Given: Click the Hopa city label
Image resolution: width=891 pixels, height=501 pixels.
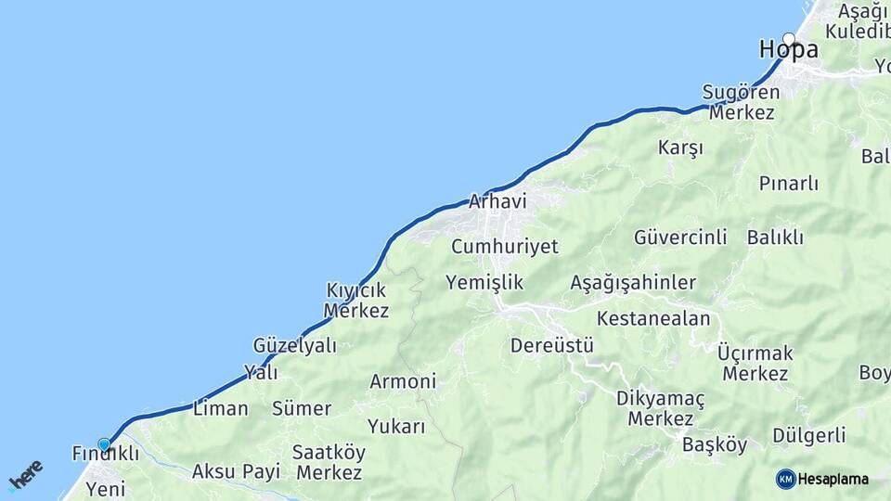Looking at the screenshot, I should point(788,50).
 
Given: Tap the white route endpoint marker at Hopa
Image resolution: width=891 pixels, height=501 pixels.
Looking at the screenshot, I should point(789,39).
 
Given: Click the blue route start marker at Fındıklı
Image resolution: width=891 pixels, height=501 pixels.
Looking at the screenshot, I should point(104,444).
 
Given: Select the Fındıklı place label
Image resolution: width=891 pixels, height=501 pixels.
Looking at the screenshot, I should point(105,454).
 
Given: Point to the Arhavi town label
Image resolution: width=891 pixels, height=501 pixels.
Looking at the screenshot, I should point(497,201).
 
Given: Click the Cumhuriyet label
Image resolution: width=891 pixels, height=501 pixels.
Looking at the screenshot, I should point(505,247).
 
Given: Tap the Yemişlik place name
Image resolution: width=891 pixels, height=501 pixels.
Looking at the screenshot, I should point(484,282).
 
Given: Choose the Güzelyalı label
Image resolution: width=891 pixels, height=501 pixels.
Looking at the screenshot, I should point(294,345).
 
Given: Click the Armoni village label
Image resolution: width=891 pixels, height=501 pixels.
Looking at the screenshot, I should point(403,381).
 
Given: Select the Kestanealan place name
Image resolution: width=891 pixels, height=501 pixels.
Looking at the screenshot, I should point(653,318).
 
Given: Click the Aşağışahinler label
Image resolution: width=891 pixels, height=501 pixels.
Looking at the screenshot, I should point(633,282).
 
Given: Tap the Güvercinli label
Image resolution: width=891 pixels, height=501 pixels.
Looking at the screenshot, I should point(680,238).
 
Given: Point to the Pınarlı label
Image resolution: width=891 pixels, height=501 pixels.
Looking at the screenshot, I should point(788,184).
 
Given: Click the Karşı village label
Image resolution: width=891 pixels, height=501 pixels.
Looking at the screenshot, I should point(680,148).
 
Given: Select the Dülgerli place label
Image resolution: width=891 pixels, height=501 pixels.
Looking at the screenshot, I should point(808,435).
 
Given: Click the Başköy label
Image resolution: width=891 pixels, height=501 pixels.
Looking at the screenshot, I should point(715,444).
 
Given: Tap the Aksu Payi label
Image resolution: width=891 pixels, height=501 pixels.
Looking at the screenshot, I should point(236,471).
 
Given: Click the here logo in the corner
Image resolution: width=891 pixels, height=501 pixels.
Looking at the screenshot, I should point(25,474).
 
